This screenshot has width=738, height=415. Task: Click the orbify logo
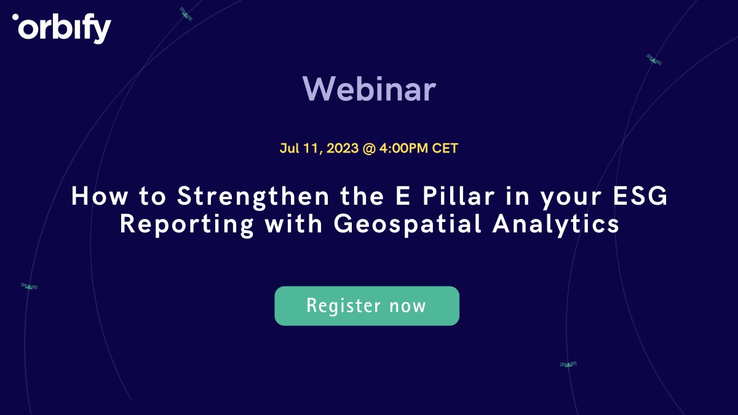click(61, 28)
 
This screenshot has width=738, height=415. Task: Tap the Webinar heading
click(370, 89)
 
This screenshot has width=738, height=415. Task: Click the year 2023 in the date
click(343, 148)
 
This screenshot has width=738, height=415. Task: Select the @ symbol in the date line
click(369, 149)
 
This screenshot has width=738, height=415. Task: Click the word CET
click(445, 148)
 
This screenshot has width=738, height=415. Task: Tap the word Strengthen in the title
click(253, 197)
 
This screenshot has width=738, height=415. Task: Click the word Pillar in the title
click(458, 196)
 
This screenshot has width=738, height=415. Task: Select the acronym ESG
click(640, 196)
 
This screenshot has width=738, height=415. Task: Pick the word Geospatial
click(408, 225)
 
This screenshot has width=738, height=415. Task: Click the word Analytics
click(556, 225)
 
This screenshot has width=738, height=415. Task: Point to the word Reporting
click(187, 225)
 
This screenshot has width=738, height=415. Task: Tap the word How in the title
click(100, 196)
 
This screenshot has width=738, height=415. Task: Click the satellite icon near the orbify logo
click(186, 14)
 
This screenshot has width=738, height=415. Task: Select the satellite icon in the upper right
click(654, 60)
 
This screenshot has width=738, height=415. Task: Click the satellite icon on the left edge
click(29, 287)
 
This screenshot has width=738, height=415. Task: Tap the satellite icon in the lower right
click(568, 364)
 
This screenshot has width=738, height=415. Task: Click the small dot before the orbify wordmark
click(15, 17)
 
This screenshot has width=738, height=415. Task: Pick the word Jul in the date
click(290, 148)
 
